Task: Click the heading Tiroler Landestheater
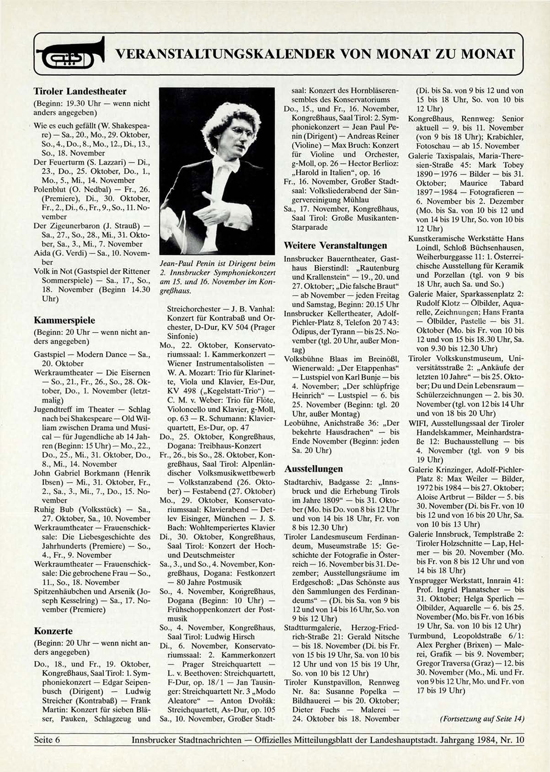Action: point(80,91)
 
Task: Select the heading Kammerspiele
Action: point(64,320)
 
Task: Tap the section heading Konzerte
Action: point(53,631)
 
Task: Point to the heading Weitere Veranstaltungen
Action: point(335,245)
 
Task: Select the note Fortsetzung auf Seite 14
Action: point(481,719)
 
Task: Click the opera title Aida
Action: point(42,253)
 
